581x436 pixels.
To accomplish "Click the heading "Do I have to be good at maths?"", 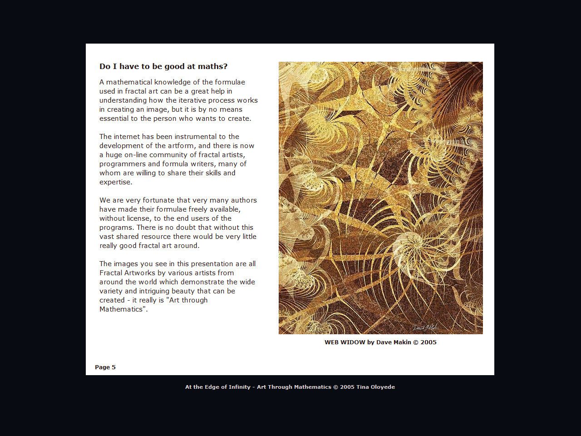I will (x=163, y=66).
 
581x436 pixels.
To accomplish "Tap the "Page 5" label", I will (x=105, y=367).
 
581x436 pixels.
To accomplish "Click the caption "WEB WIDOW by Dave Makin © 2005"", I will (x=380, y=342).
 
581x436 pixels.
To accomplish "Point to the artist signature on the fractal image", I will (x=425, y=327).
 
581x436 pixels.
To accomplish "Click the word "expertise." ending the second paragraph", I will (x=116, y=182).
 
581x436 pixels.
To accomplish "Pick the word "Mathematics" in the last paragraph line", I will (x=121, y=309).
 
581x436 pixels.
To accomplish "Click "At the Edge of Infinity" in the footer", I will (x=218, y=387).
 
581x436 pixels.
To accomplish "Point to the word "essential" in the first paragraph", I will (x=115, y=119).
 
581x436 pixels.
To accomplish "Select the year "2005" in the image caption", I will (x=428, y=342).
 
